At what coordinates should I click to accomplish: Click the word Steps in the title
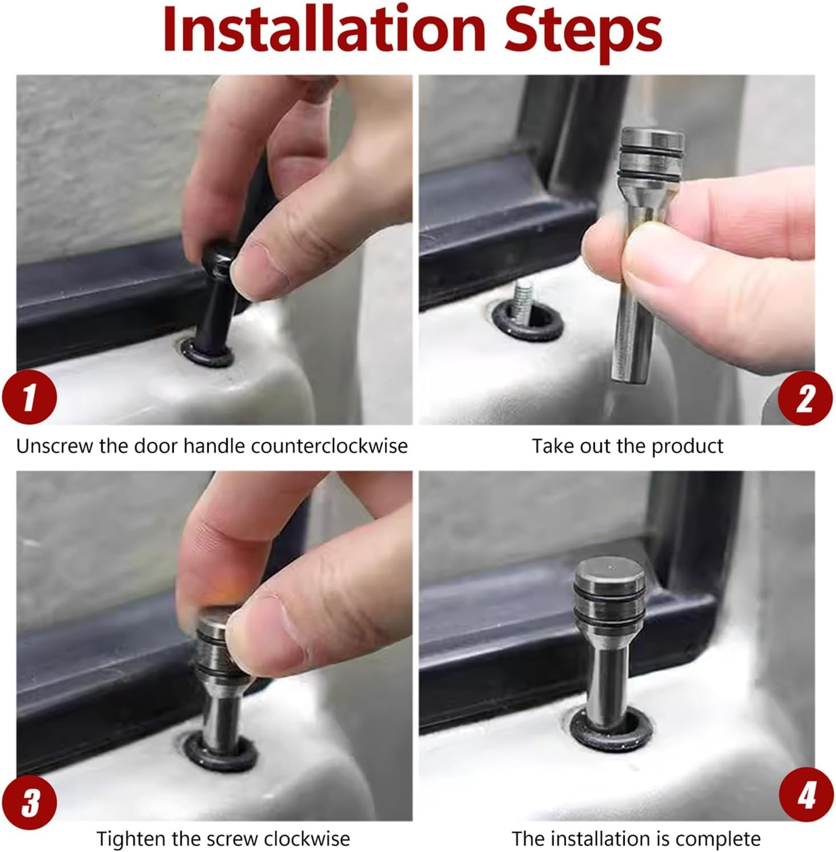583,33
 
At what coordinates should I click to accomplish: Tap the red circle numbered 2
805,398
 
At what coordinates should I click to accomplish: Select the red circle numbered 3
30,802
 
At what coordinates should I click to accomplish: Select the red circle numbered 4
806,795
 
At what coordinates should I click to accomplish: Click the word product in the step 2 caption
687,446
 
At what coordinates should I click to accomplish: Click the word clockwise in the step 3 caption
307,839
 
